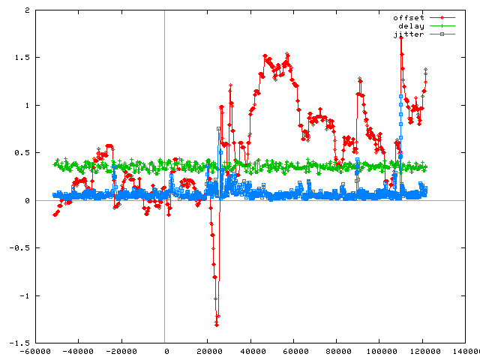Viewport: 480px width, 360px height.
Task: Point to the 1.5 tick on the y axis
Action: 18,58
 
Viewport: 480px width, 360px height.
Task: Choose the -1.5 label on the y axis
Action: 16,343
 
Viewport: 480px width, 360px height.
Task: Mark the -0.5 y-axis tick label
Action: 16,247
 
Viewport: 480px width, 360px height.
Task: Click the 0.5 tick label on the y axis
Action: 18,153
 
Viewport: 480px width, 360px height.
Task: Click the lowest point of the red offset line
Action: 217,324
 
